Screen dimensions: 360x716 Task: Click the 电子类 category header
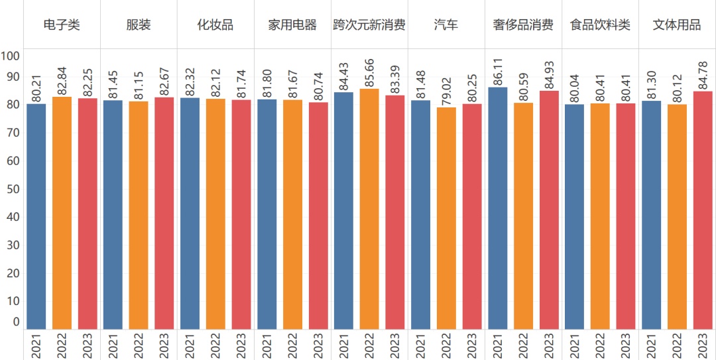click(62, 25)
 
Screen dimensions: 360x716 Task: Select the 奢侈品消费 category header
click(523, 25)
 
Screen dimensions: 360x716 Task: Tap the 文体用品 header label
click(677, 25)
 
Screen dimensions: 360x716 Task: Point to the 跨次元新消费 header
click(369, 25)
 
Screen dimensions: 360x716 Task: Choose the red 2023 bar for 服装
click(164, 212)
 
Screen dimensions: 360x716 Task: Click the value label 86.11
click(498, 69)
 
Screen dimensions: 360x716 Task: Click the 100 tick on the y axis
click(11, 56)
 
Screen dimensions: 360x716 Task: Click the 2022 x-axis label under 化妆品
click(215, 345)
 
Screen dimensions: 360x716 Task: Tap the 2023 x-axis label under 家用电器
click(318, 345)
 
